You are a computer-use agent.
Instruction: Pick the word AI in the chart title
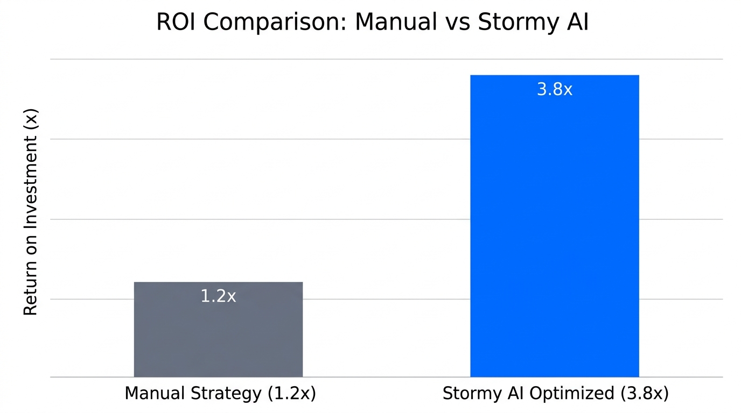point(577,23)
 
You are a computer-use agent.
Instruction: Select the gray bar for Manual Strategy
point(218,339)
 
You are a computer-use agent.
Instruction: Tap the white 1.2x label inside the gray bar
point(218,296)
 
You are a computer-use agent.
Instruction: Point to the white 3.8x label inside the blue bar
point(554,89)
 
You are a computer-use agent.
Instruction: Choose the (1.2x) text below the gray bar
point(291,394)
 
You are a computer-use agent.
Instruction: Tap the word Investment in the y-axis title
point(31,191)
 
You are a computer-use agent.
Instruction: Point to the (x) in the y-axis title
point(31,118)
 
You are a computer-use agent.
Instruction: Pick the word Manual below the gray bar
point(154,394)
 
